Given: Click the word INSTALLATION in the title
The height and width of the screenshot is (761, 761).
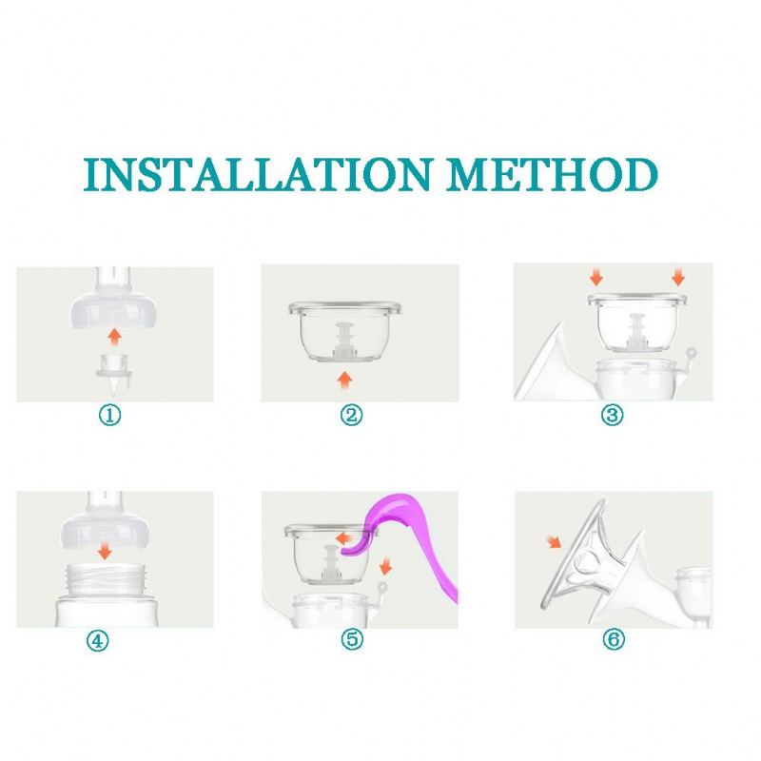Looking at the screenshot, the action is tap(257, 174).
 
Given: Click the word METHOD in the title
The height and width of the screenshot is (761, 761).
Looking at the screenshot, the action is tap(553, 174).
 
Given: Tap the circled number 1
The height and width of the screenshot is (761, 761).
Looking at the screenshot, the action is tap(109, 416).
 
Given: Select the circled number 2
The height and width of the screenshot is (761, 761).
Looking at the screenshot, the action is tap(351, 416).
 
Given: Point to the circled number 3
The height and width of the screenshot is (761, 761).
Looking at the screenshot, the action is tap(612, 416).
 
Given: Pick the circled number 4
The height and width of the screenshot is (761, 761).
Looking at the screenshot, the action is tap(98, 640).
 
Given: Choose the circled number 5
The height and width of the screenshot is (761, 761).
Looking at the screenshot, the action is tap(352, 638).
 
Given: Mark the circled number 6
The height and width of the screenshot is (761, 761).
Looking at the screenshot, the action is tap(614, 638).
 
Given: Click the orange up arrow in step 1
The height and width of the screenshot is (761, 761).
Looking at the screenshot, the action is tap(114, 337).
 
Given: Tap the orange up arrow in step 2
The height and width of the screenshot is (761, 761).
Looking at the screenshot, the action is tap(345, 380).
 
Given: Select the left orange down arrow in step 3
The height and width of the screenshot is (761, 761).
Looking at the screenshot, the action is tap(596, 277).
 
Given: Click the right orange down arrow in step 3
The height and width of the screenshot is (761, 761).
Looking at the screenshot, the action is tap(678, 277).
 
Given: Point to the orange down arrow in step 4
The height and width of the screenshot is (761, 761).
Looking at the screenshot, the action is tap(105, 551).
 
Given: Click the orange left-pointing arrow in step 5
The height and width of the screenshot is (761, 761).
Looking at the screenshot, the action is tap(345, 537).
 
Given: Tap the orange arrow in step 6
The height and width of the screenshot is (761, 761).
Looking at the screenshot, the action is tap(554, 541).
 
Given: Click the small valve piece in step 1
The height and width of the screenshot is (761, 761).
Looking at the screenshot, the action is tap(114, 372).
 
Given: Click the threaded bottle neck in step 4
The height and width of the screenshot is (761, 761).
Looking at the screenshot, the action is tap(107, 579).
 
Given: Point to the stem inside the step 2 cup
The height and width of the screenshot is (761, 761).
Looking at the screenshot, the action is tap(344, 341).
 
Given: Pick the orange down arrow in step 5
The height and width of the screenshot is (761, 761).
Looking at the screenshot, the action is tap(386, 565).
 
